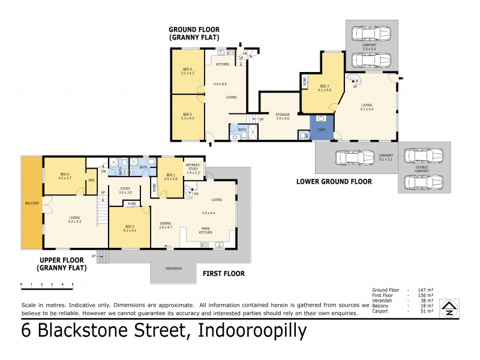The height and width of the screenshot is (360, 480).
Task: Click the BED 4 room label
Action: (x=187, y=71)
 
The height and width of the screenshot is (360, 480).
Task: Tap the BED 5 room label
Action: (x=187, y=116)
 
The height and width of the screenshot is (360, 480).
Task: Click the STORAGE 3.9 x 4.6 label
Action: (x=283, y=116)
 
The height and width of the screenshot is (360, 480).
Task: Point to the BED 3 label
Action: (x=325, y=88)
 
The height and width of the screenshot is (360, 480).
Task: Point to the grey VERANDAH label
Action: (x=174, y=268)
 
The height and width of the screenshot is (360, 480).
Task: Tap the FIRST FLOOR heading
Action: (x=224, y=274)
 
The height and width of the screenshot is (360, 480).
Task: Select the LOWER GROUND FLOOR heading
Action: (x=334, y=181)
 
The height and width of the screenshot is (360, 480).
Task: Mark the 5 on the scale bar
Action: (x=73, y=284)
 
